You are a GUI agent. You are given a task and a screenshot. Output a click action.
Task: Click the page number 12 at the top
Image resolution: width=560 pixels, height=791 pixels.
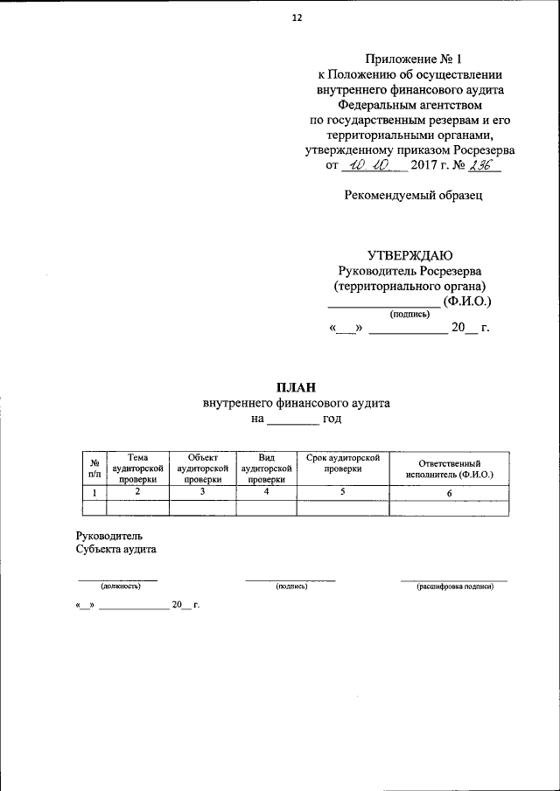[x=296, y=17]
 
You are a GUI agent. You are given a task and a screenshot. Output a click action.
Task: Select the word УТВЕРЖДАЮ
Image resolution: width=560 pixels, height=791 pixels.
[x=409, y=256]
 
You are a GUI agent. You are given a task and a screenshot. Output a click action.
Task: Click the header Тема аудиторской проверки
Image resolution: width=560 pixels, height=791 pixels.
[x=137, y=468]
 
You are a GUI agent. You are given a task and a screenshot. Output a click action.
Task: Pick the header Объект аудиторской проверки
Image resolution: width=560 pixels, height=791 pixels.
[x=202, y=468]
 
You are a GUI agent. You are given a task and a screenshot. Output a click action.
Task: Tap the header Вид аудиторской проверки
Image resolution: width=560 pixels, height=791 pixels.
[x=266, y=468]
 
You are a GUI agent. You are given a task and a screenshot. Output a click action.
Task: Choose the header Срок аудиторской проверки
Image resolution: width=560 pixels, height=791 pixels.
[x=342, y=462]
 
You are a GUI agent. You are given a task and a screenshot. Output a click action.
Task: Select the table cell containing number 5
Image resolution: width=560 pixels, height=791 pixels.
[x=342, y=493]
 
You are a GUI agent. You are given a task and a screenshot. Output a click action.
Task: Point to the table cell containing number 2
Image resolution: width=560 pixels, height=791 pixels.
[x=137, y=493]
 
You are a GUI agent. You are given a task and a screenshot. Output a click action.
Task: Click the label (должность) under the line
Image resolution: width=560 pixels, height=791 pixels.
[x=120, y=586]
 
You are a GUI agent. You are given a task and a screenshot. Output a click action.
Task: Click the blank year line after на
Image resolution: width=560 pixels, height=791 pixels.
[x=292, y=421]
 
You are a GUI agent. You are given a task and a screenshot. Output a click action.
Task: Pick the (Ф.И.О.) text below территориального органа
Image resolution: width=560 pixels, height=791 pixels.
[x=467, y=302]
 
